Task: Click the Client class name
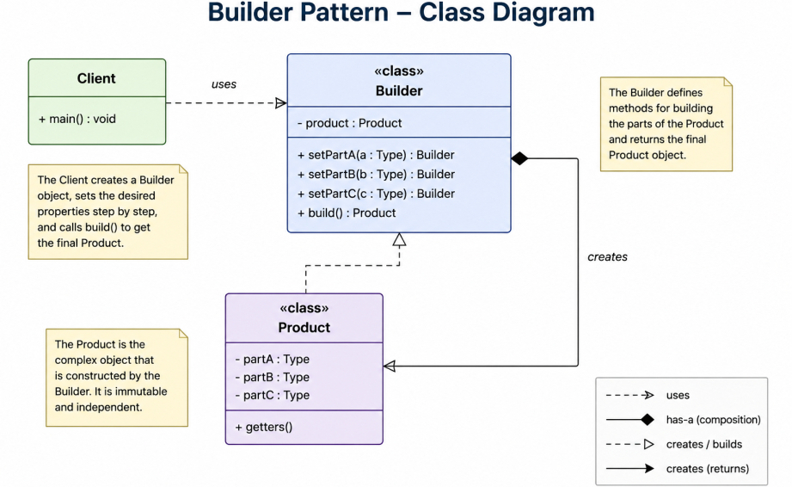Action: click(96, 78)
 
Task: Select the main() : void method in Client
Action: click(77, 119)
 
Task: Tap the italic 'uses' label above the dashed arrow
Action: click(224, 84)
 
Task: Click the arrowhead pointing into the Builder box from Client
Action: click(281, 103)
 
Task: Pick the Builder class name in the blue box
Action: click(399, 91)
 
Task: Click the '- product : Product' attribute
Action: click(349, 123)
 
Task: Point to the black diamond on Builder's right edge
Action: click(519, 158)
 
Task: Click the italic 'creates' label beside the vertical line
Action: click(607, 256)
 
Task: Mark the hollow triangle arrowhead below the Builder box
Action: click(400, 239)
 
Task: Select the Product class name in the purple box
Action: click(304, 327)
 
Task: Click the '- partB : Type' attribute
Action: click(273, 378)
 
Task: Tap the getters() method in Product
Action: click(264, 427)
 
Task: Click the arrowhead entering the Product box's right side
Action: click(390, 367)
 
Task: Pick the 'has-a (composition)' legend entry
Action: click(713, 420)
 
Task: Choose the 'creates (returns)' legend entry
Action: click(707, 469)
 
